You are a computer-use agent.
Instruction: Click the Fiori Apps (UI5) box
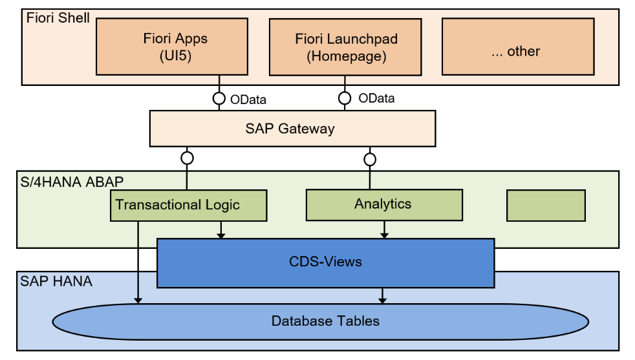(x=172, y=47)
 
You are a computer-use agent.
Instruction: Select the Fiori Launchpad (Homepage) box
(x=346, y=47)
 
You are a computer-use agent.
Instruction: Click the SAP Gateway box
(x=290, y=128)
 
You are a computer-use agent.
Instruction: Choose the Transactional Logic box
(x=188, y=206)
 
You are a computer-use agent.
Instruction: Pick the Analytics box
(x=384, y=204)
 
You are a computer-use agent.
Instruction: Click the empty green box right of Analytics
(x=546, y=205)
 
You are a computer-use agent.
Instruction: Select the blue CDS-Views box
(x=325, y=262)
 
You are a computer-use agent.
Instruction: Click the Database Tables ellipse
(x=325, y=321)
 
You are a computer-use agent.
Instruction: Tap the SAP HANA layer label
(x=56, y=281)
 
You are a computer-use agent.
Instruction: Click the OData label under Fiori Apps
(x=248, y=100)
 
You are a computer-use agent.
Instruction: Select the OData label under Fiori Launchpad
(x=376, y=99)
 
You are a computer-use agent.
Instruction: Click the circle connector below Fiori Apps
(x=219, y=99)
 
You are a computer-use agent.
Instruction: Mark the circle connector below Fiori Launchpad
(x=345, y=98)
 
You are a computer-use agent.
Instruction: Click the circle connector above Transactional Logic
(x=188, y=158)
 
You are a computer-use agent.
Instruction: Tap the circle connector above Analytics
(x=370, y=159)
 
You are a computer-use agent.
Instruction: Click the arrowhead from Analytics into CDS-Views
(x=385, y=234)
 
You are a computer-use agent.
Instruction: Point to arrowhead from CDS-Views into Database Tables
(x=382, y=299)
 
